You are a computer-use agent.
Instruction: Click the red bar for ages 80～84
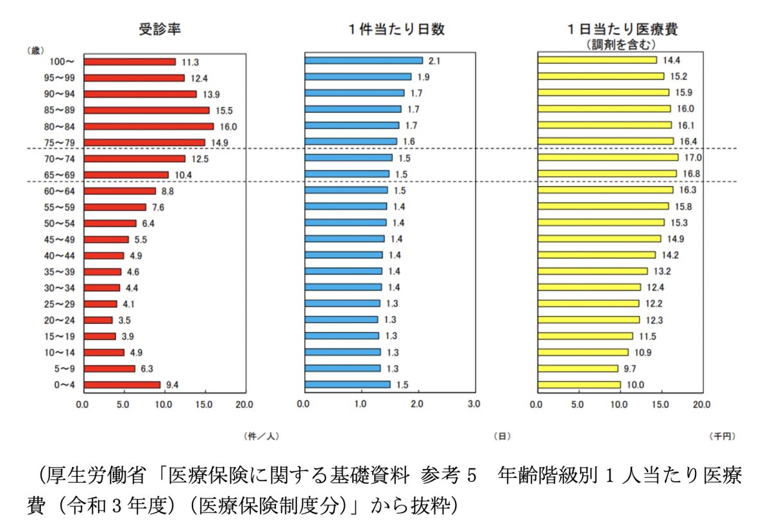coord(148,126)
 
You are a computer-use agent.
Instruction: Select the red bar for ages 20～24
coord(98,320)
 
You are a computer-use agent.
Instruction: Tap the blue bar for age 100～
coord(364,60)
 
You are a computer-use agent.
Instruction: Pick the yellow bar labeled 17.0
coord(607,157)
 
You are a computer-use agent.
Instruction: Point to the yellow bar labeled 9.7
coord(577,369)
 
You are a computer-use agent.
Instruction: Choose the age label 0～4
coord(65,385)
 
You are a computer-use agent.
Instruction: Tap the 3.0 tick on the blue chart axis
coord(474,405)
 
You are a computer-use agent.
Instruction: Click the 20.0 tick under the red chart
coord(244,405)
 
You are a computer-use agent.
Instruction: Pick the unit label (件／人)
coord(262,436)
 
